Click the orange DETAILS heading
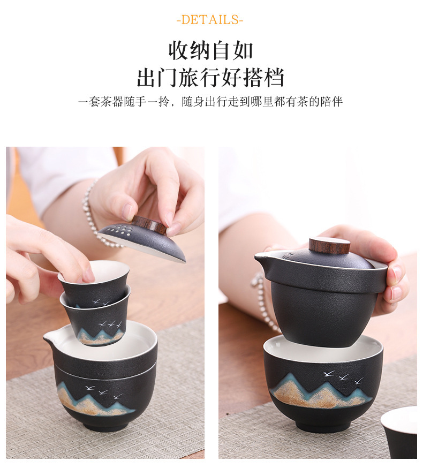pos(210,20)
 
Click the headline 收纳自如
pos(211,51)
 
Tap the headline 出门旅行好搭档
pos(210,78)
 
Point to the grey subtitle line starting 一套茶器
pos(210,102)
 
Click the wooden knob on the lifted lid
pos(149,225)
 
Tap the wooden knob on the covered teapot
pos(329,245)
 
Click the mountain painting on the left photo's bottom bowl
pos(95,398)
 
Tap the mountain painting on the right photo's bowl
pos(322,391)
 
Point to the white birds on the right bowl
pos(343,377)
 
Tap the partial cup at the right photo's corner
pos(399,432)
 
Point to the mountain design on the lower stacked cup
pos(101,337)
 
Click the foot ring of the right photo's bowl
pos(323,426)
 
